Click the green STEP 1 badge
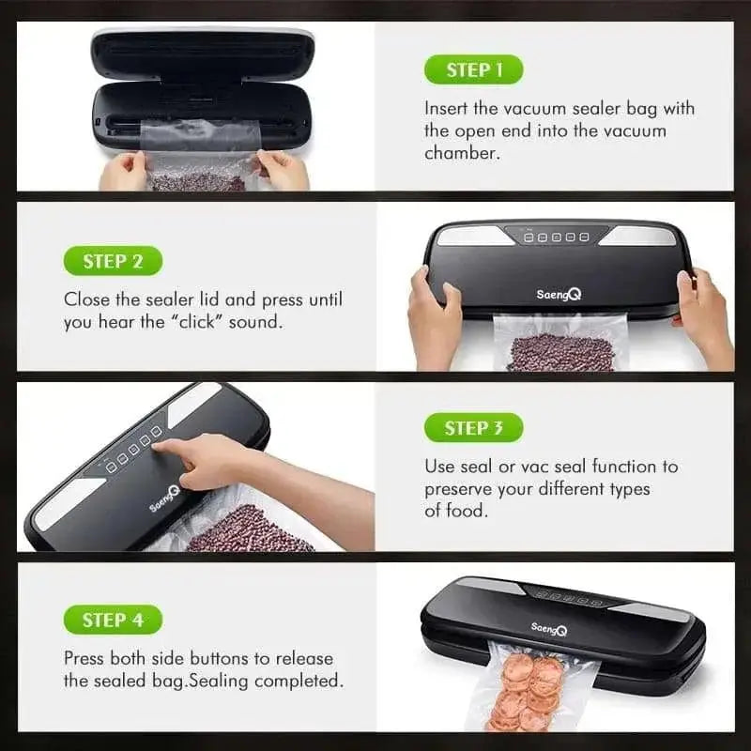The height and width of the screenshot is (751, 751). tap(472, 70)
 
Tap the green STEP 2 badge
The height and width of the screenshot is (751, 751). tap(113, 261)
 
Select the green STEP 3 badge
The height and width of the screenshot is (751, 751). tap(473, 428)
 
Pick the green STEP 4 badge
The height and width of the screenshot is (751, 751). tap(113, 620)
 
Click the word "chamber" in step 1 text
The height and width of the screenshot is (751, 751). tap(460, 152)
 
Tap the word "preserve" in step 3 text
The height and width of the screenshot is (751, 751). tap(459, 489)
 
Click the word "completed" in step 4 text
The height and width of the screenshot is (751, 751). tap(296, 680)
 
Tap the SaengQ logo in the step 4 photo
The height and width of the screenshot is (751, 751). tap(549, 629)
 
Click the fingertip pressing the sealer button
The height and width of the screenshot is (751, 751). tap(158, 448)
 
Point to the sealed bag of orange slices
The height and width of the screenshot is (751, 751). tap(531, 693)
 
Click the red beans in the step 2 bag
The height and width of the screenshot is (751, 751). tap(560, 353)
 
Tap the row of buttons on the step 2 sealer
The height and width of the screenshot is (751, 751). tap(557, 238)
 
